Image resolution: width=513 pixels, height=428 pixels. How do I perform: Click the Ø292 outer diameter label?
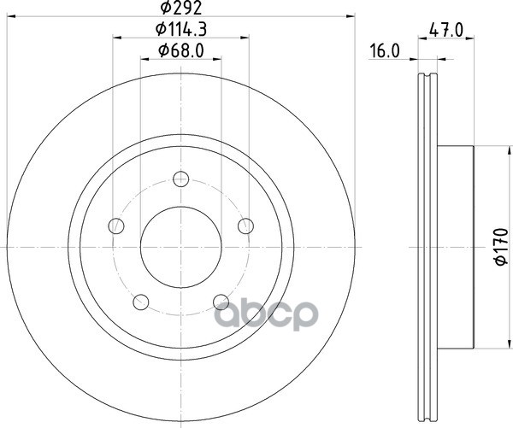click(x=181, y=8)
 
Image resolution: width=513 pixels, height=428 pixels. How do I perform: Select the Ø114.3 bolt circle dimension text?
click(x=181, y=30)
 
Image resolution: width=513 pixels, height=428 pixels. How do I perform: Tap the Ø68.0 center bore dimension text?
click(x=181, y=50)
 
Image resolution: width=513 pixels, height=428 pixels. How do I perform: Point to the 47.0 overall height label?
click(x=446, y=31)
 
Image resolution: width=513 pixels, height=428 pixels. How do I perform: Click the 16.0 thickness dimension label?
click(x=385, y=51)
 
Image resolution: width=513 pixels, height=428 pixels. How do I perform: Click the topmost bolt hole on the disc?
click(x=181, y=179)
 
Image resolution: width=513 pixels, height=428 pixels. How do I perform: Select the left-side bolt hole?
click(x=116, y=226)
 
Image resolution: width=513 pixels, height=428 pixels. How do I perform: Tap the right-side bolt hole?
click(x=245, y=226)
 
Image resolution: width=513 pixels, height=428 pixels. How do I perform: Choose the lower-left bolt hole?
click(x=141, y=302)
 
